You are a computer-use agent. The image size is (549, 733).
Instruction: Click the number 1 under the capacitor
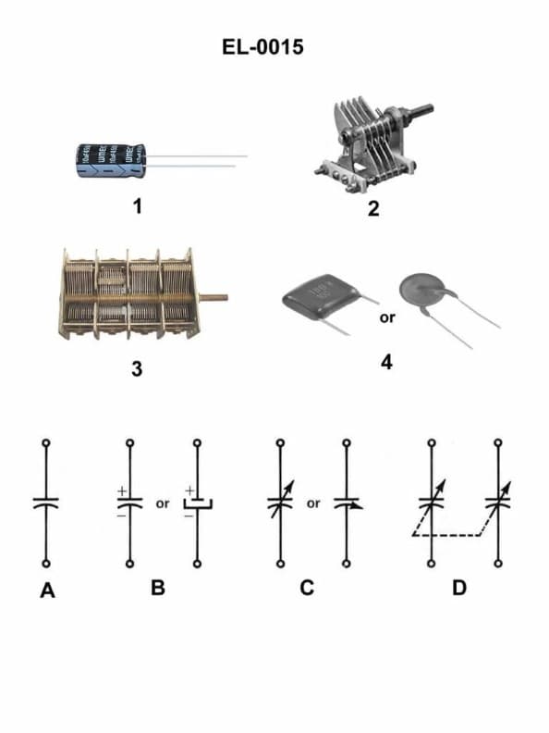[137, 206]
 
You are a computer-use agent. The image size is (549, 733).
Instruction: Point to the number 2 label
[372, 208]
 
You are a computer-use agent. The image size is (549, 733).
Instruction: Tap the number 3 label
[137, 369]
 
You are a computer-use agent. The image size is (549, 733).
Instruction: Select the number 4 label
[386, 361]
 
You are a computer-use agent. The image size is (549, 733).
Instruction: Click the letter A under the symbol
[47, 590]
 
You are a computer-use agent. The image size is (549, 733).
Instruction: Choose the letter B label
[158, 587]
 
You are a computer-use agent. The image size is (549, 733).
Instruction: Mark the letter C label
[308, 587]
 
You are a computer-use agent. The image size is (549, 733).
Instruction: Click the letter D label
[459, 587]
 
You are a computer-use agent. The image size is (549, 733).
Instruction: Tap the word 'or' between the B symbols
[163, 504]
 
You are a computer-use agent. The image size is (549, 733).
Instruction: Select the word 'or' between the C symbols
[313, 504]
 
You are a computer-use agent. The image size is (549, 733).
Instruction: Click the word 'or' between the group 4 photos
[387, 318]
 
